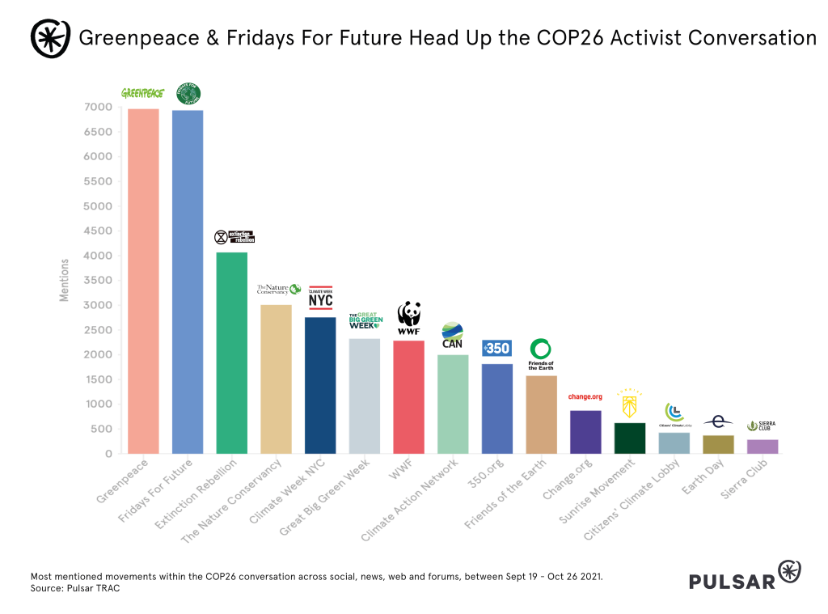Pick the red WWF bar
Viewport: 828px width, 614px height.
point(408,396)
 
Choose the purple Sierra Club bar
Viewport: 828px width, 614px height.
point(763,447)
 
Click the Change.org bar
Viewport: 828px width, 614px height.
point(585,432)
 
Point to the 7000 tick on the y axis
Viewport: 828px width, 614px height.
point(96,107)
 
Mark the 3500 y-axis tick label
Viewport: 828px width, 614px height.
point(96,281)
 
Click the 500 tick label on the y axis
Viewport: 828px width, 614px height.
point(100,429)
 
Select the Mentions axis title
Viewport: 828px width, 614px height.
point(65,281)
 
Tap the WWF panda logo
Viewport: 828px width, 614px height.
point(408,319)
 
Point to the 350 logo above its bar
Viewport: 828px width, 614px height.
point(496,349)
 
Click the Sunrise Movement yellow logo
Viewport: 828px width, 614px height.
point(629,401)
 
